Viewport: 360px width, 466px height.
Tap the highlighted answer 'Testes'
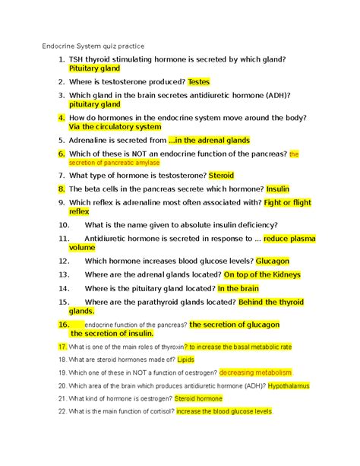click(x=204, y=81)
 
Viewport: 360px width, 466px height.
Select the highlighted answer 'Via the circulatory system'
click(x=115, y=128)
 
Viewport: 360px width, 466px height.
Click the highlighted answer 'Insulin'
click(x=278, y=188)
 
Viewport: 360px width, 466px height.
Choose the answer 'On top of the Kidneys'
click(x=262, y=274)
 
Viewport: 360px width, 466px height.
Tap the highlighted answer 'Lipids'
click(x=186, y=359)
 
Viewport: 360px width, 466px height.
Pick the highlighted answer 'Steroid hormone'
click(x=198, y=398)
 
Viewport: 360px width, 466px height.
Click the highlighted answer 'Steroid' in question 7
click(x=221, y=175)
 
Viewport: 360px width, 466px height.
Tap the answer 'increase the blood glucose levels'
click(x=223, y=411)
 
